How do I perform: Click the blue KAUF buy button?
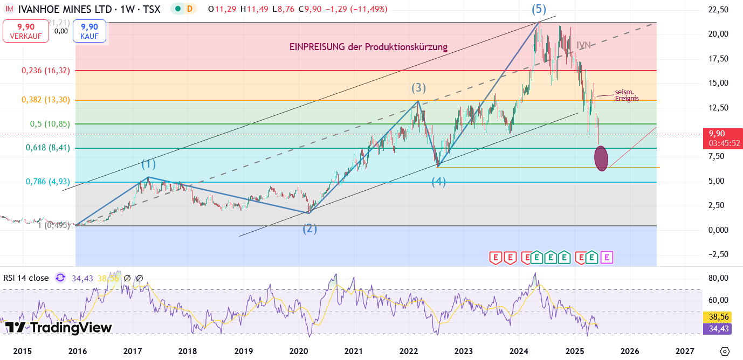pos(90,31)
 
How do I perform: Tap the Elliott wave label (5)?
pos(539,9)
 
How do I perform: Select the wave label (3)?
pos(419,88)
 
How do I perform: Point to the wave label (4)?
pos(438,182)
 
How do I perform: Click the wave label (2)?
pos(309,229)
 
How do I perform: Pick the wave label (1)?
pos(148,164)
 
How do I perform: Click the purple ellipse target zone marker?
pos(601,158)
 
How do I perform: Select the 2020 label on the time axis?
pos(298,351)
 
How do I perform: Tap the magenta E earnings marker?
pos(607,258)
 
